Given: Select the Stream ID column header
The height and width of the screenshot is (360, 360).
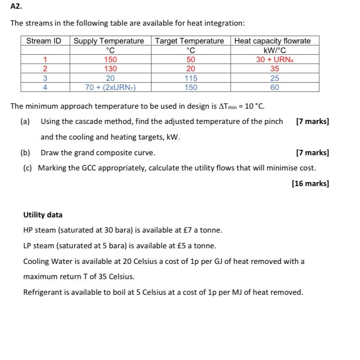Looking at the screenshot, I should tap(44, 41).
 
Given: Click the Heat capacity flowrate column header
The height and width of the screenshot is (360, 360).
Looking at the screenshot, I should tap(273, 41).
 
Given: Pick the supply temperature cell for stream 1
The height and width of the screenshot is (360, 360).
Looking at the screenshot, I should tap(110, 60).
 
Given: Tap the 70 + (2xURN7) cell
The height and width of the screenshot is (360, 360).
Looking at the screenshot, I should tap(110, 87).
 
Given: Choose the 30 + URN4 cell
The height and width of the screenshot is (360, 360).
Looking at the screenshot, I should tap(273, 60).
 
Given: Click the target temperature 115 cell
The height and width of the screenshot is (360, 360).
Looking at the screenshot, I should tap(190, 78).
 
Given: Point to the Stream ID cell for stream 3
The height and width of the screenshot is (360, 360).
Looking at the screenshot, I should tap(44, 78).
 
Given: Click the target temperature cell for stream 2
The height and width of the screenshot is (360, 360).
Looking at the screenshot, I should tap(190, 69).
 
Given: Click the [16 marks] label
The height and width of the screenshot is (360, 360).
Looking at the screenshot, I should tap(310, 183).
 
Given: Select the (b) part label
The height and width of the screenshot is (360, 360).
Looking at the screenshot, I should tap(26, 153).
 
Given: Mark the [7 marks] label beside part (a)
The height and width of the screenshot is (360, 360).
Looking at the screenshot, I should tap(312, 121).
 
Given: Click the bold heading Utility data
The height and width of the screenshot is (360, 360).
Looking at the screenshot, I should tap(43, 215).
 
